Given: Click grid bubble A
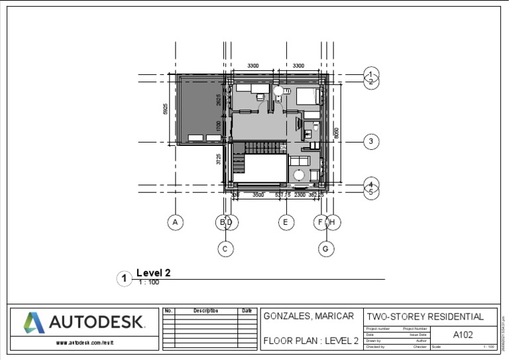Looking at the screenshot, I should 175,223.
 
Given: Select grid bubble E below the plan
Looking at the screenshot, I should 286,223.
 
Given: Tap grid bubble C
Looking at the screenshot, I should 226,249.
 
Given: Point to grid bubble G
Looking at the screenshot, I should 326,249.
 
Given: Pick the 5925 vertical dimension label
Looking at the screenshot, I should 166,109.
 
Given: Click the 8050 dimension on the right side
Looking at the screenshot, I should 336,133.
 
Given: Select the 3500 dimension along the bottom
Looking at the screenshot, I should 258,195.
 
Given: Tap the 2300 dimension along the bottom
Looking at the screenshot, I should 300,195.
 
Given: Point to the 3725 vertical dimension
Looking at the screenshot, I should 219,159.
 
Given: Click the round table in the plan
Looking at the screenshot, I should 300,175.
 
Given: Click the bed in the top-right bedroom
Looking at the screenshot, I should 308,96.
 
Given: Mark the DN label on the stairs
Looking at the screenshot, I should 283,148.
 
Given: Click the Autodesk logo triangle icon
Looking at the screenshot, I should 34,323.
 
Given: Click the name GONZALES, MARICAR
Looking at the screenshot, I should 309,316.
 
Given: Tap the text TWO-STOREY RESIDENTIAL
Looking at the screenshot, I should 430,317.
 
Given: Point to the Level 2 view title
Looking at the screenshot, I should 154,272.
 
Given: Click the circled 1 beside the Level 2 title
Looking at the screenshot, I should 124,278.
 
